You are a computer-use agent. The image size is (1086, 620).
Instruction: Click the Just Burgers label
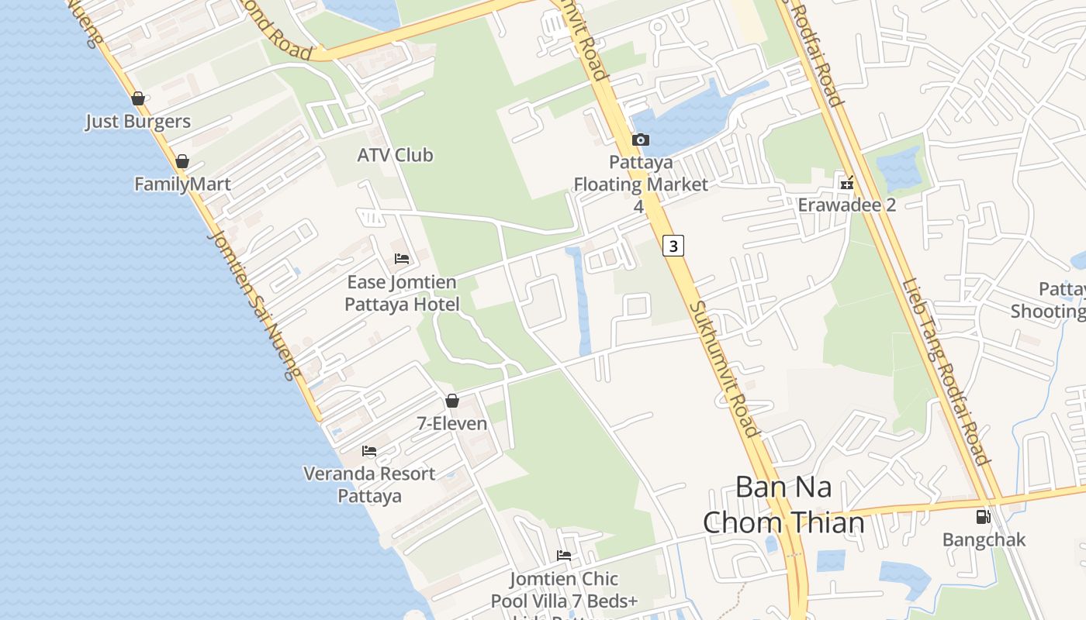pos(137,122)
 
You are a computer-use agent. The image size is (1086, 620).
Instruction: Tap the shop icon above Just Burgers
pos(138,98)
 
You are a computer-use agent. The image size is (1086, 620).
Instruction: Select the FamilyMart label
pos(182,184)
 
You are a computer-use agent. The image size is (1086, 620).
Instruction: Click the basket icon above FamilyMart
pos(182,161)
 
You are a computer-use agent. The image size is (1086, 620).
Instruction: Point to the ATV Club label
pos(395,155)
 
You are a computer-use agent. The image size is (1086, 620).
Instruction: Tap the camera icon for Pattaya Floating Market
pos(640,140)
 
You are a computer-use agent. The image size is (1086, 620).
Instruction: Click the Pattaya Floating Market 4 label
pos(640,184)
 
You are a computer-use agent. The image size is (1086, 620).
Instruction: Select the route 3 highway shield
pos(673,246)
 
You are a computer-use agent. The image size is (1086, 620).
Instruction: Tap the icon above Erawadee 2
pos(847,183)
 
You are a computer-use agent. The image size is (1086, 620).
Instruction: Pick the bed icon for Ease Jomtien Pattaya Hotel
pos(402,259)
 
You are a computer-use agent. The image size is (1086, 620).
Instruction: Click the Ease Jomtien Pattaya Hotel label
pos(402,293)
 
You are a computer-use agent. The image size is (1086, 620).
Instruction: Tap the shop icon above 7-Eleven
pos(452,401)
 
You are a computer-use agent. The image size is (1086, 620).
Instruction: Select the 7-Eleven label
pos(452,424)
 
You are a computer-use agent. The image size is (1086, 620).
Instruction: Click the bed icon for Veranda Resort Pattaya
pos(369,451)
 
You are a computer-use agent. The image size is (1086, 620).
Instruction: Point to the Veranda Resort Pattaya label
pos(369,484)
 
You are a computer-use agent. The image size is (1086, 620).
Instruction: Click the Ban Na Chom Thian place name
pos(783,505)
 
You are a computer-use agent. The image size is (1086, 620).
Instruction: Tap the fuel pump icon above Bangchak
pos(983,517)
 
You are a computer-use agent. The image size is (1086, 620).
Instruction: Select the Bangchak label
pos(984,540)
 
